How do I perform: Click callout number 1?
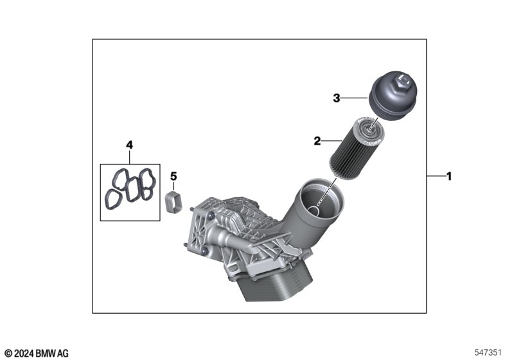click(x=449, y=176)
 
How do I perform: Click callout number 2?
click(x=317, y=141)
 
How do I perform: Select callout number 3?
click(x=336, y=98)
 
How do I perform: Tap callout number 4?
click(x=130, y=145)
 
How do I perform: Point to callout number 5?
click(x=173, y=176)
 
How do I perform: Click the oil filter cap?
click(x=392, y=95)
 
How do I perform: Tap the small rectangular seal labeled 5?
click(x=173, y=202)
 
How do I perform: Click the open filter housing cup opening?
click(x=322, y=199)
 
